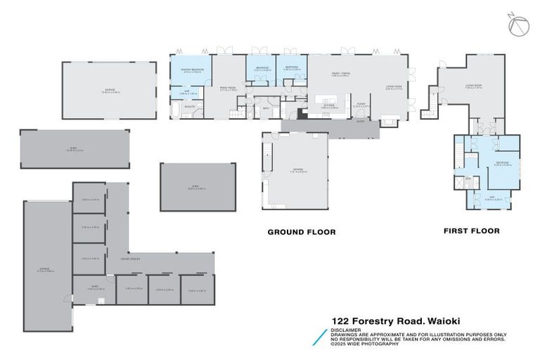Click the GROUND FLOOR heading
302,231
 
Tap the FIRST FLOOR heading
471,231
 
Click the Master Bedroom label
192,69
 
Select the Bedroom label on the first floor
502,163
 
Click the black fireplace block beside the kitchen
301,112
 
